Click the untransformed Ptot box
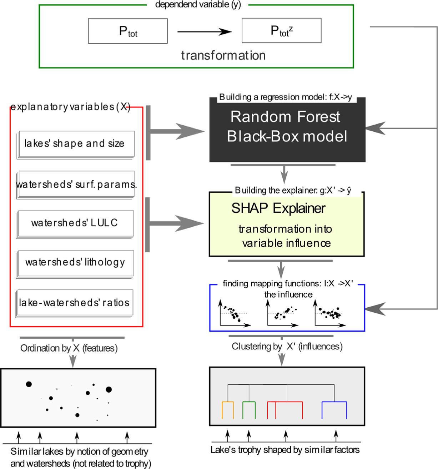click(128, 31)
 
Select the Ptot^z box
click(281, 31)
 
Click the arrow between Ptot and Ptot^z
click(205, 32)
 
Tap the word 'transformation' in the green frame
click(223, 55)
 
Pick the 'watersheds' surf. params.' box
click(76, 185)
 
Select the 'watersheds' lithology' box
click(75, 263)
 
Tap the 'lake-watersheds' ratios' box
click(74, 303)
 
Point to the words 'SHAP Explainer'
click(278, 208)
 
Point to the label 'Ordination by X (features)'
click(69, 348)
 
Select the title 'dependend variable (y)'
click(197, 5)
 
